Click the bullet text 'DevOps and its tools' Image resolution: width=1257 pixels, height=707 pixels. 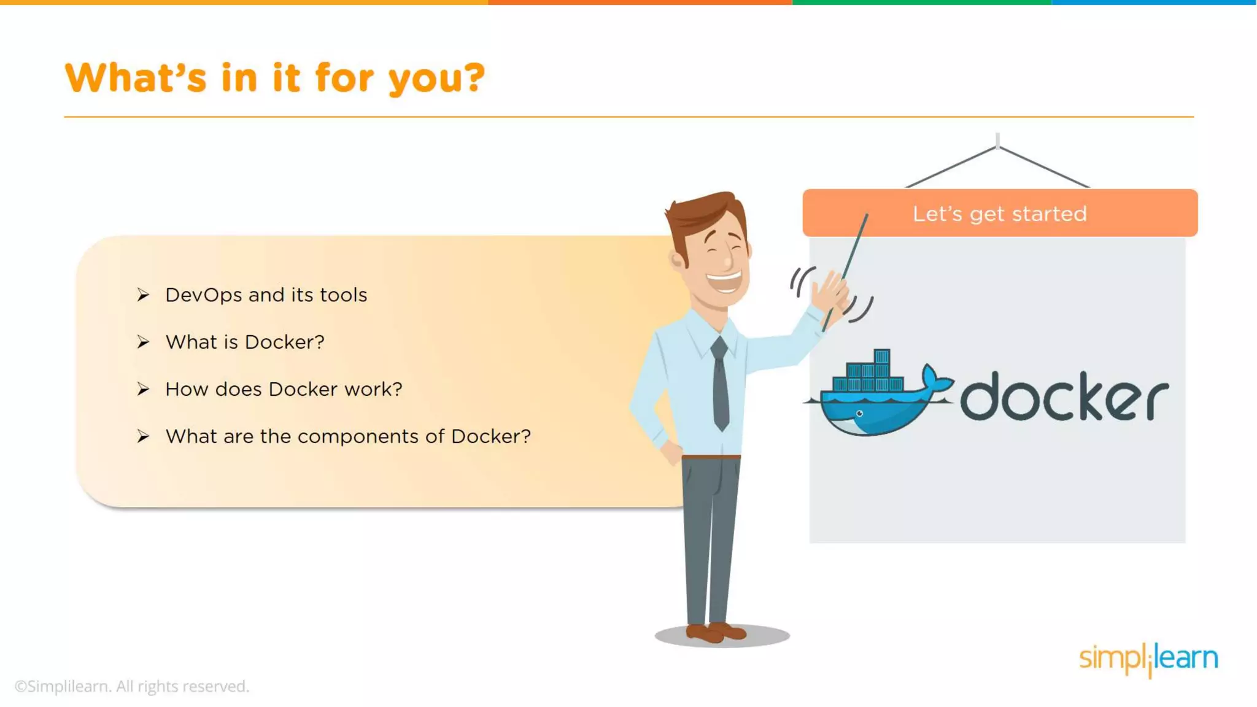(x=266, y=295)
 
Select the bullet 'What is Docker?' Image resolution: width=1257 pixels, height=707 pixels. (x=244, y=342)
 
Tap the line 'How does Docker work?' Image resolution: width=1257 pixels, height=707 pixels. (x=284, y=390)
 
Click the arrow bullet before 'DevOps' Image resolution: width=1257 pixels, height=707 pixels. (x=143, y=295)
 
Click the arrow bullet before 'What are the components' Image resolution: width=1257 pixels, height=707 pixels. (x=143, y=436)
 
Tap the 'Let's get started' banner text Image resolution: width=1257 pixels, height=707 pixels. (x=999, y=214)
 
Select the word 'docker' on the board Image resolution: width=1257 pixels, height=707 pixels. (x=1064, y=398)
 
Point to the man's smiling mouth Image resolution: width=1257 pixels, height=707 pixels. (x=724, y=282)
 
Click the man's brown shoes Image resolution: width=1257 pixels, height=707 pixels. (x=715, y=632)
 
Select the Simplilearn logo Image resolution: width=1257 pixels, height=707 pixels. (x=1148, y=659)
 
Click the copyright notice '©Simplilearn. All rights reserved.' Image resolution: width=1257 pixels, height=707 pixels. (x=132, y=686)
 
